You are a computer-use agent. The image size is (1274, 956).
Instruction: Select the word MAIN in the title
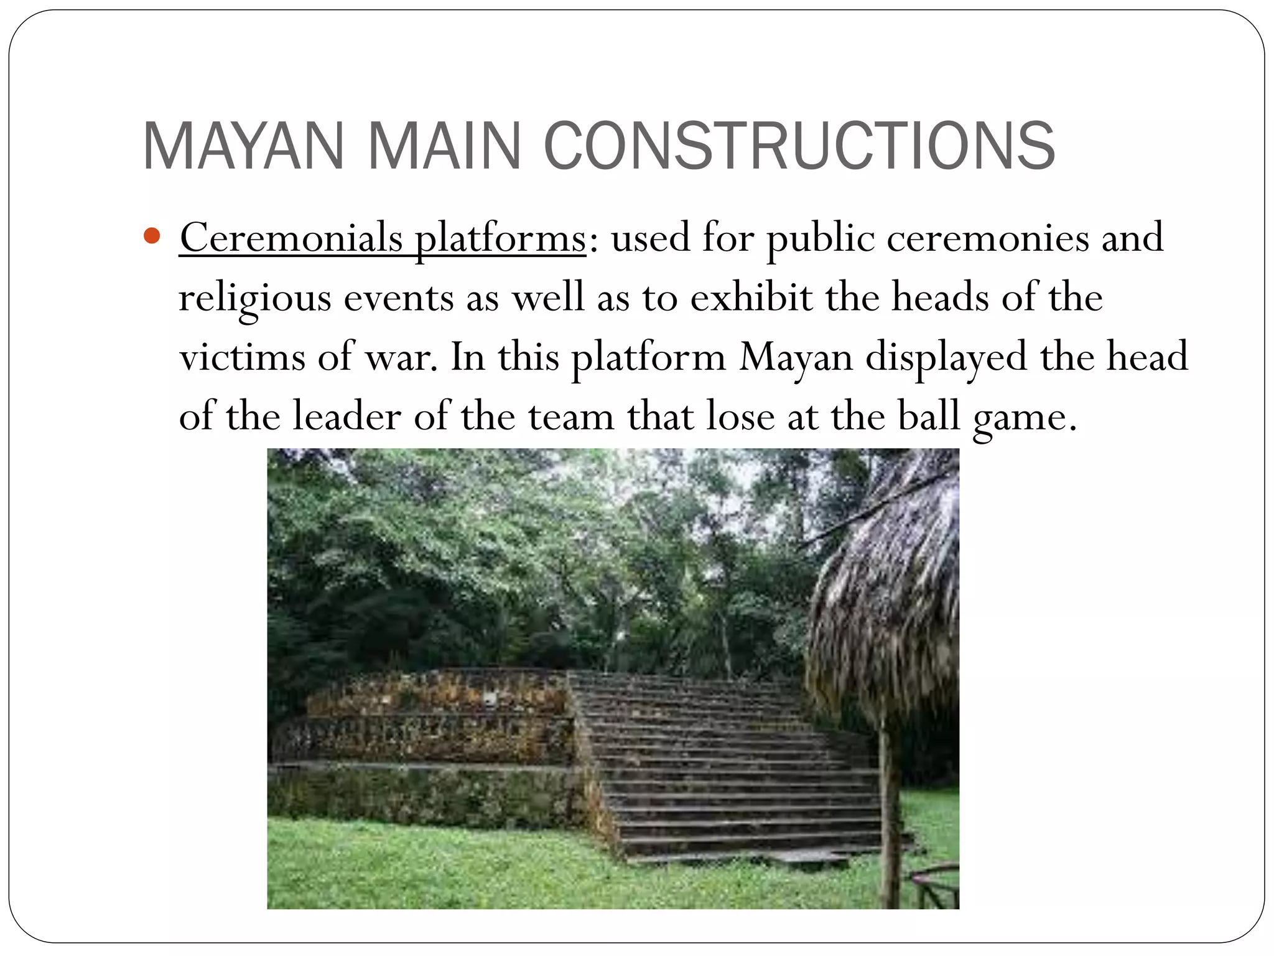(x=444, y=146)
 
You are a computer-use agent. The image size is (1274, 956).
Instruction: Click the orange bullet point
(x=152, y=237)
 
